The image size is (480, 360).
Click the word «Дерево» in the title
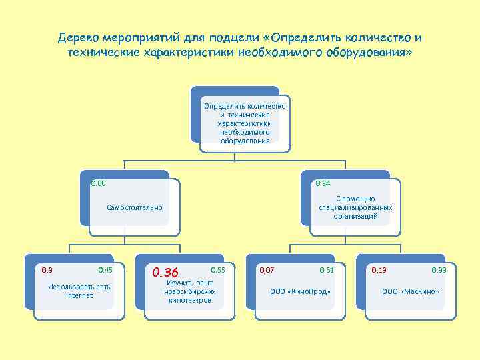point(78,37)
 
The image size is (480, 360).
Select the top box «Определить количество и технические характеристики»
point(245,123)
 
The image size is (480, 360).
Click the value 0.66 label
point(98,183)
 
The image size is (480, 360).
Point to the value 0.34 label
point(323,183)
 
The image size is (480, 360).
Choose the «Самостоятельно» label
point(134,208)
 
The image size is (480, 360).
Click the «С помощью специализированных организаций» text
point(355,207)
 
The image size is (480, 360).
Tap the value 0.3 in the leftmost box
point(47,270)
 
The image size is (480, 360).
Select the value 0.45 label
point(105,270)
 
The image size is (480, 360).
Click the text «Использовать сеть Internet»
point(79,291)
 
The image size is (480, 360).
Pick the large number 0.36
point(165,272)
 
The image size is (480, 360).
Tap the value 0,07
point(267,270)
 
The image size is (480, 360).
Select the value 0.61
point(327,270)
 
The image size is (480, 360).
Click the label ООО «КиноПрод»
point(300,291)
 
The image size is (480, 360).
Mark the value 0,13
point(379,270)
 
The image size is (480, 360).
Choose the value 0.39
point(439,270)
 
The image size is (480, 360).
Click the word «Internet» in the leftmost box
point(79,295)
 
